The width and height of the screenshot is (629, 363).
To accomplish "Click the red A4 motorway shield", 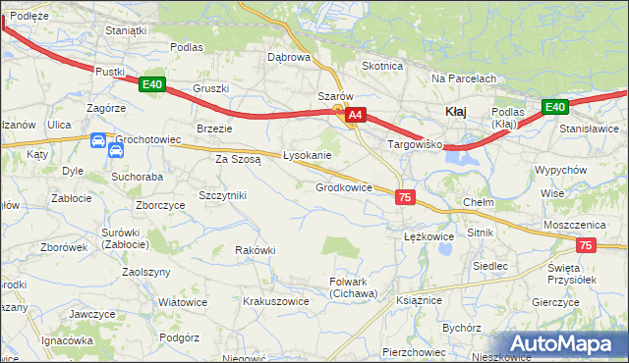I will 356,115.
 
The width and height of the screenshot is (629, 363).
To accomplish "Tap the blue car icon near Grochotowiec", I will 99,141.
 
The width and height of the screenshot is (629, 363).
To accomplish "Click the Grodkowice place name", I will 343,187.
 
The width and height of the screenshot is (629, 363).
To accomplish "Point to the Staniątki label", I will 126,30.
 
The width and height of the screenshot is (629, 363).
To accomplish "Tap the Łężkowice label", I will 429,236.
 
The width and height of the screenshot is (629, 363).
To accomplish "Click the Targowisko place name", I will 416,144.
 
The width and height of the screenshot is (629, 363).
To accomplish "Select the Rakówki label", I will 256,250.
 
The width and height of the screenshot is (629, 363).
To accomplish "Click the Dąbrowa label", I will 289,57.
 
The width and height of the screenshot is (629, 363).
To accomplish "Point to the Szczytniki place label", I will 222,195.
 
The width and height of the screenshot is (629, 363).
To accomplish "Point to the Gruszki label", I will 210,88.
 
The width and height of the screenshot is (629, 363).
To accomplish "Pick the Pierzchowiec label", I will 414,351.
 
